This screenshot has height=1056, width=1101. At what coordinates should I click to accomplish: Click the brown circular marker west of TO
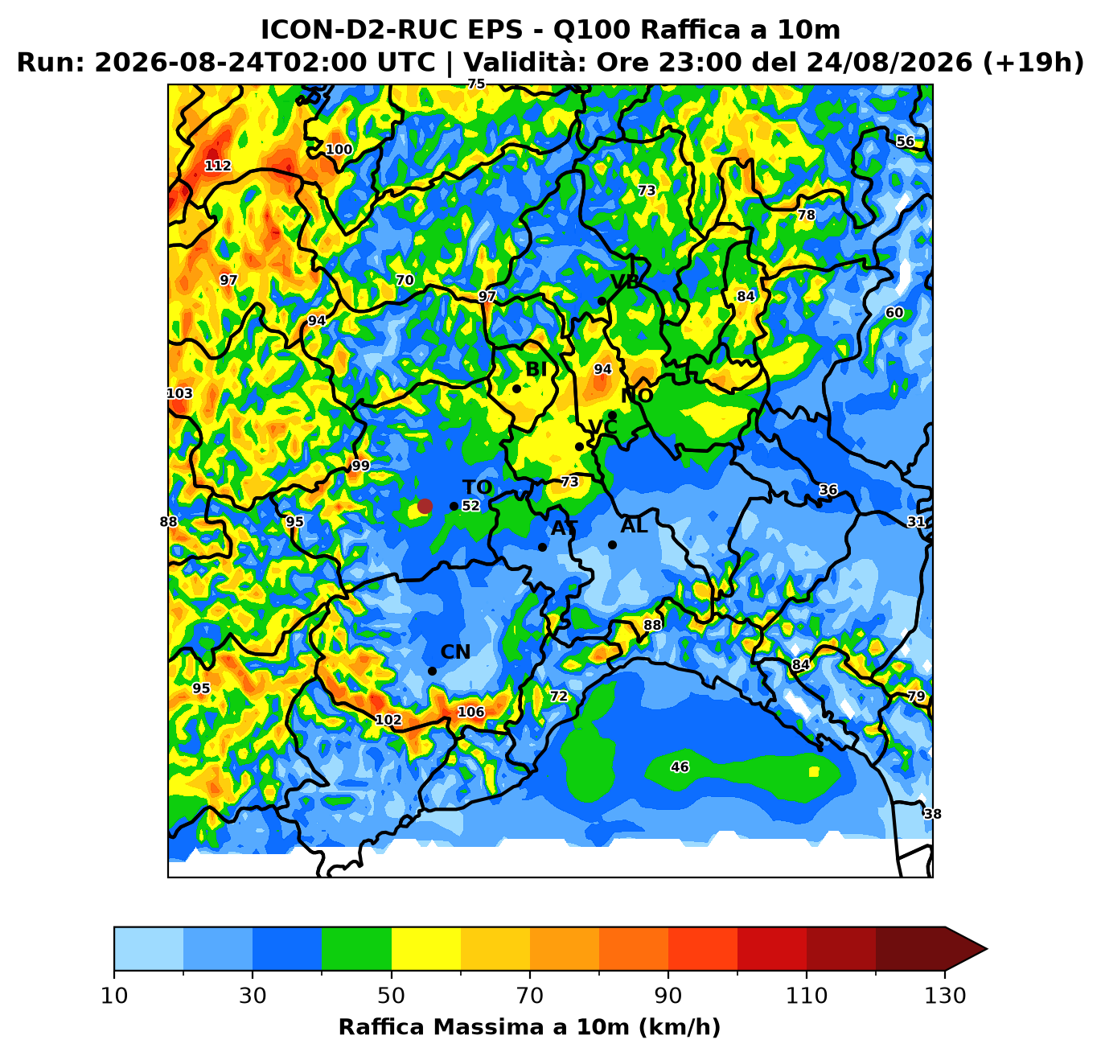click(425, 507)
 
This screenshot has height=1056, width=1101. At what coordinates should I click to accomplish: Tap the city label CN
click(455, 652)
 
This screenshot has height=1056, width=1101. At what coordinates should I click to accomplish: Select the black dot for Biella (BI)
click(516, 388)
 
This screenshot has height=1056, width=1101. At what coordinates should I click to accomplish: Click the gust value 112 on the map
click(218, 166)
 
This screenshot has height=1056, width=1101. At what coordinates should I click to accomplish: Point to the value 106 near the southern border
click(470, 712)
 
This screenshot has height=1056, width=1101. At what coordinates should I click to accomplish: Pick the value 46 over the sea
click(680, 766)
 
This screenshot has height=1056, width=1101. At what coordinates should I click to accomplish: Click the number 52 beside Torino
click(470, 506)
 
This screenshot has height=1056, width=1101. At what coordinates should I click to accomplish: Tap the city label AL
click(634, 526)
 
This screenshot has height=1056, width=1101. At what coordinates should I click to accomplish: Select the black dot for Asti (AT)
click(542, 547)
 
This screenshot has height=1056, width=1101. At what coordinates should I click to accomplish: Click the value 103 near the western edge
click(179, 393)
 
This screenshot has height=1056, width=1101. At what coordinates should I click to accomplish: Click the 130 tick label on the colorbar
click(945, 996)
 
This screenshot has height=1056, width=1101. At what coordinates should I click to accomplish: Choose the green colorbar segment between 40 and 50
click(356, 949)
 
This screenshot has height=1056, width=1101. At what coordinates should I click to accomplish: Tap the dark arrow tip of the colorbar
click(987, 949)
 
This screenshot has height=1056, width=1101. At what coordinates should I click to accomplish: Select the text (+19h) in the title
click(1033, 62)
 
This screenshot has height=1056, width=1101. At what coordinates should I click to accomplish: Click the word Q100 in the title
click(590, 30)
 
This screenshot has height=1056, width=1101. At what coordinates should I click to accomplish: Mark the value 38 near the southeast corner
click(932, 814)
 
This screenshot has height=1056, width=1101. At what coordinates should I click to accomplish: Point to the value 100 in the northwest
click(339, 150)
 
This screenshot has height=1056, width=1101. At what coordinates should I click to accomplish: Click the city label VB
click(625, 281)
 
